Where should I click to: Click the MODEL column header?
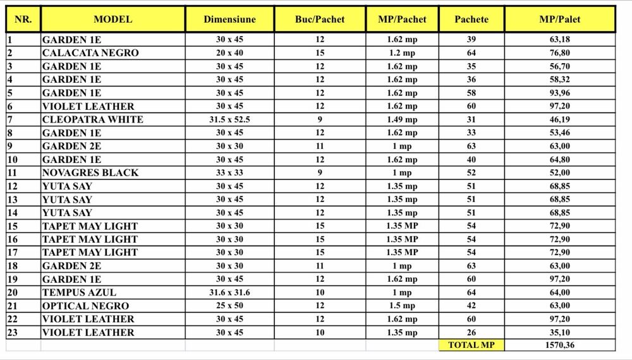112,20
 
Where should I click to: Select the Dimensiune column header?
229,20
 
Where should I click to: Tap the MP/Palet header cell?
559,20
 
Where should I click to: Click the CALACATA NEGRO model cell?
90,53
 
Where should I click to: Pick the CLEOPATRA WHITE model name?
93,119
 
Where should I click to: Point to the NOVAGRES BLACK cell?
90,172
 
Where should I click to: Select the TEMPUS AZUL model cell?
79,292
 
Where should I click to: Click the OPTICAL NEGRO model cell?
87,306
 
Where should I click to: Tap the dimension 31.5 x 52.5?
229,119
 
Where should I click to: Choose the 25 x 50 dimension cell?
229,306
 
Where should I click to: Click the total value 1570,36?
559,345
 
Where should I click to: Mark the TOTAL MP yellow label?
471,345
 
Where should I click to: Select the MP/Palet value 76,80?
559,53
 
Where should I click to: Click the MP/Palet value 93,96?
559,93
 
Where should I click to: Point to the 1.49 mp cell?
402,119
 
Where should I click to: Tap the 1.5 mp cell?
402,306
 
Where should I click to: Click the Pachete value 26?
471,332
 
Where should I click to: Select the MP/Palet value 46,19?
559,119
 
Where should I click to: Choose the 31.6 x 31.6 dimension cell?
229,292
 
